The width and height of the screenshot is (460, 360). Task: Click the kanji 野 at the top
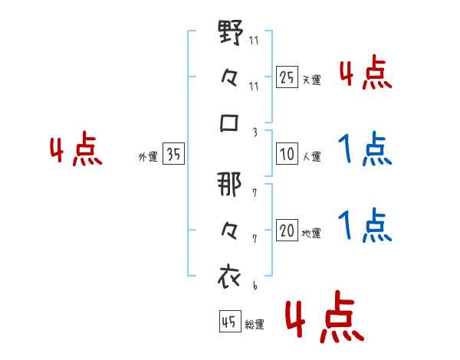pyautogui.click(x=231, y=34)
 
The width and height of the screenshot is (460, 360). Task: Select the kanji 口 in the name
pyautogui.click(x=231, y=123)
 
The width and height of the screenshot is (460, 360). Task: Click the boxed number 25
pyautogui.click(x=287, y=76)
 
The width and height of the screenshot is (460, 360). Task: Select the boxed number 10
pyautogui.click(x=287, y=155)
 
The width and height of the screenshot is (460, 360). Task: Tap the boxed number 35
pyautogui.click(x=173, y=155)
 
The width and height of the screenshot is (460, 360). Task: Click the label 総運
pyautogui.click(x=255, y=325)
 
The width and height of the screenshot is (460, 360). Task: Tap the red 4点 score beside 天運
pyautogui.click(x=365, y=74)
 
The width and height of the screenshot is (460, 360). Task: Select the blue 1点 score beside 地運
pyautogui.click(x=365, y=224)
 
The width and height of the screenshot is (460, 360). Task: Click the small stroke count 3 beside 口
pyautogui.click(x=255, y=132)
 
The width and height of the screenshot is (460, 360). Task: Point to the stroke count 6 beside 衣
pyautogui.click(x=255, y=285)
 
